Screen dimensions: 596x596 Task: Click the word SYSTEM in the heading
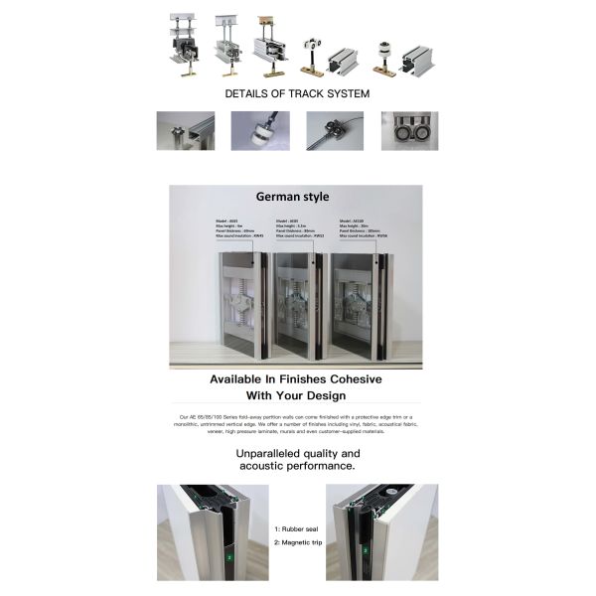pos(344,93)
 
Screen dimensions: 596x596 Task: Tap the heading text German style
pos(292,197)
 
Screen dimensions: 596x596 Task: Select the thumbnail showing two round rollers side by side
pos(409,130)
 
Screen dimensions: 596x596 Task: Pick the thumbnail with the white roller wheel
pos(260,130)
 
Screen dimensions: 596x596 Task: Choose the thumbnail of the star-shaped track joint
pos(185,130)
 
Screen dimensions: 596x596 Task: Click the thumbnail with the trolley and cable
pos(335,130)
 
